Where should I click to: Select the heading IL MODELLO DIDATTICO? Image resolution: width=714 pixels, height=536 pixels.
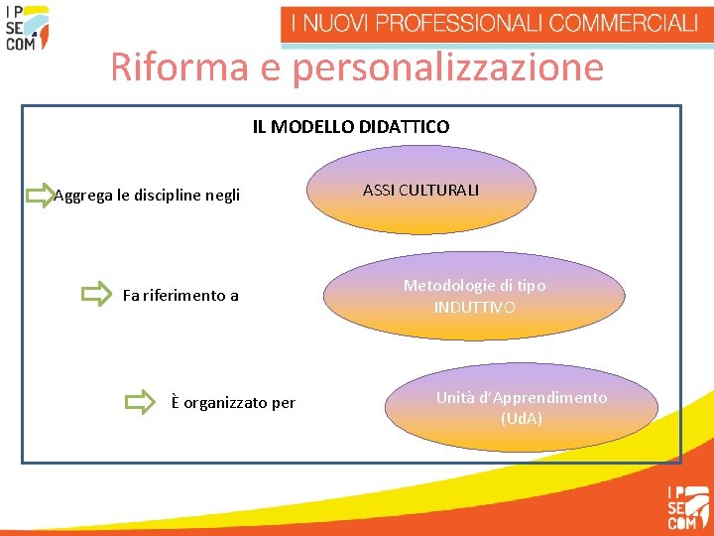350,127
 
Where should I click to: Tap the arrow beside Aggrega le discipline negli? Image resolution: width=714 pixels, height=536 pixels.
39,195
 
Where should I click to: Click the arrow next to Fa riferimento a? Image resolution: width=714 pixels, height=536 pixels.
96,294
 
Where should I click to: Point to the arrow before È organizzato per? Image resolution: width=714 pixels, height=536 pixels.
140,402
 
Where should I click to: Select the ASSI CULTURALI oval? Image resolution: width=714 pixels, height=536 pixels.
420,190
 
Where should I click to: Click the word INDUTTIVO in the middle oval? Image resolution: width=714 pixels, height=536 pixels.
474,308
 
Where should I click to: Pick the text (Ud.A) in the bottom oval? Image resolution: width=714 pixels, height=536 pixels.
522,419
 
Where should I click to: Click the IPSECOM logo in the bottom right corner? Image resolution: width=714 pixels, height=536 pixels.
687,505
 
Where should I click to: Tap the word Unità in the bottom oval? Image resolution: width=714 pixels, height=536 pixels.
454,397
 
